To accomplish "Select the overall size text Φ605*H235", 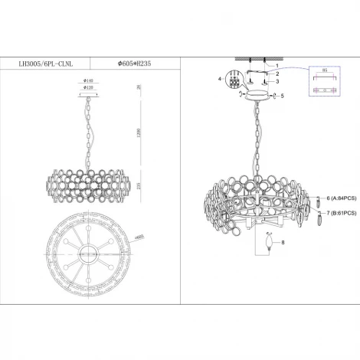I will point(134,64).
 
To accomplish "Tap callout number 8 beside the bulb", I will point(283,244).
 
